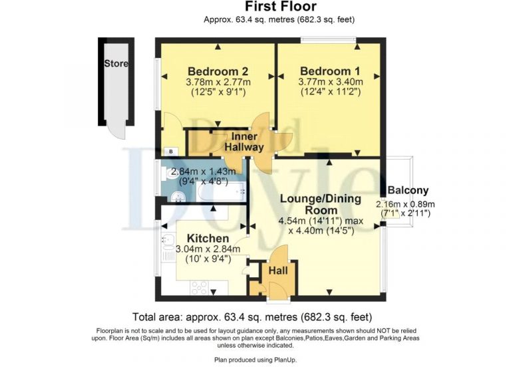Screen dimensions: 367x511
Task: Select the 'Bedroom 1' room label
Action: [330, 71]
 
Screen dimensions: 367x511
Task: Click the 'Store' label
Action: [116, 64]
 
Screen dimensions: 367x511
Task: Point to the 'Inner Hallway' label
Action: [244, 142]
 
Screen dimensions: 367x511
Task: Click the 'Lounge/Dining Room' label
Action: [320, 204]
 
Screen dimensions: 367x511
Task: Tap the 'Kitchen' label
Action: [208, 238]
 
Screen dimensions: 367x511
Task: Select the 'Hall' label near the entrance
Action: [277, 271]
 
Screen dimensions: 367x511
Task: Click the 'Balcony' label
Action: [408, 190]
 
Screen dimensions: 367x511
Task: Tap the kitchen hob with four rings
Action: [200, 288]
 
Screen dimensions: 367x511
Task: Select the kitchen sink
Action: [166, 248]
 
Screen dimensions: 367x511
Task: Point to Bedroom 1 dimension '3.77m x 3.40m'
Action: [330, 82]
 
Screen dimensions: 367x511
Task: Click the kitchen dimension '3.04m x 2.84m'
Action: [208, 249]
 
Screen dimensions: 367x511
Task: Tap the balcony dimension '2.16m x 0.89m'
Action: [405, 203]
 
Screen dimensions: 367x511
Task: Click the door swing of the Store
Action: [118, 132]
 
